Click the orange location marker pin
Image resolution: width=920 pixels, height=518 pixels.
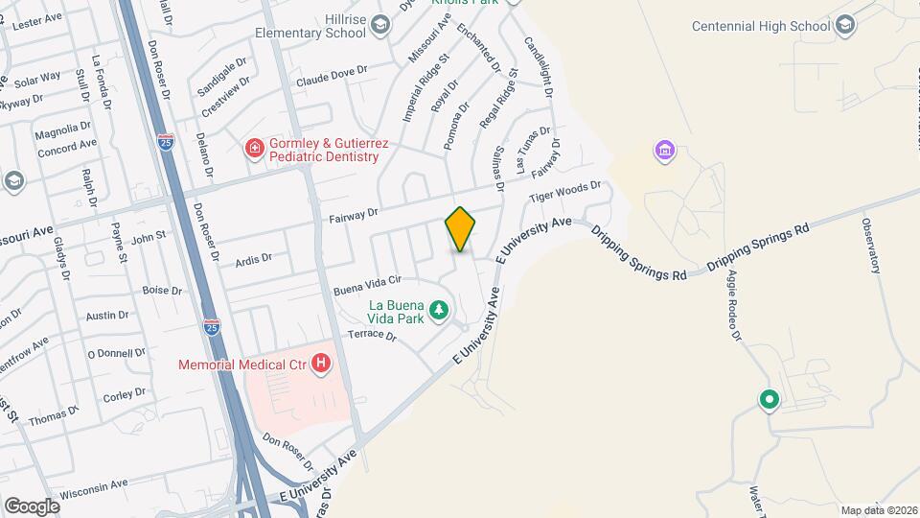[x=461, y=229]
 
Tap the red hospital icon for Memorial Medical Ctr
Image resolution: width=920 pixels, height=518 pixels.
[x=322, y=365]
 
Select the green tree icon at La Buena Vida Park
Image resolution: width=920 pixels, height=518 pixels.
[x=439, y=309]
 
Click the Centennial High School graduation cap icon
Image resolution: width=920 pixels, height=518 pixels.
[x=844, y=25]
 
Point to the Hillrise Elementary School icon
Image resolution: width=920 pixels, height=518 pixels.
[x=380, y=25]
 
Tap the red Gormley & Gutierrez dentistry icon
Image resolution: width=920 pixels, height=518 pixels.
[x=255, y=148]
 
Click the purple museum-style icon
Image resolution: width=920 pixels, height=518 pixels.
[x=664, y=151]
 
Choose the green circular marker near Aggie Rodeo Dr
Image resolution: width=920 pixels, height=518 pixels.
[x=768, y=400]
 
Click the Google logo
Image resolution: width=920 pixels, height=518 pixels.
[x=32, y=505]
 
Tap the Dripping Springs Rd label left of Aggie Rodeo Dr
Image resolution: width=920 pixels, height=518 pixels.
[x=639, y=252]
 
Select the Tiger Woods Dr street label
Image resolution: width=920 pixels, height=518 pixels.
[x=565, y=194]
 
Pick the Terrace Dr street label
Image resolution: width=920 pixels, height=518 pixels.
[x=372, y=335]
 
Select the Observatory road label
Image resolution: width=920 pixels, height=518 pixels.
[x=871, y=247]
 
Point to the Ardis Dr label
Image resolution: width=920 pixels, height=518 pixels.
[x=254, y=257]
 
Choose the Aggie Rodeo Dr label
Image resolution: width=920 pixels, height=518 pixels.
[x=734, y=305]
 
